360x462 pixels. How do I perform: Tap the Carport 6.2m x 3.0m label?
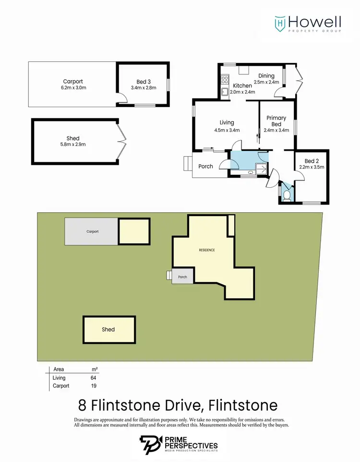coord(72,85)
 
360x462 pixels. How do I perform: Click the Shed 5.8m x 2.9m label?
coord(73,141)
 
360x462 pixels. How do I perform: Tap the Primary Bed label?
coord(276,121)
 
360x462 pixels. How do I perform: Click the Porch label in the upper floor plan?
coord(205,167)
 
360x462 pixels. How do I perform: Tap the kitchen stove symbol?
coord(224,79)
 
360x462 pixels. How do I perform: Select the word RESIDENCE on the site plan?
coord(207,250)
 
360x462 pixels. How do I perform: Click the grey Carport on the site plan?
coord(92,231)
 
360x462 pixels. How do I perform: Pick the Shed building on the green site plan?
coord(109,329)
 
